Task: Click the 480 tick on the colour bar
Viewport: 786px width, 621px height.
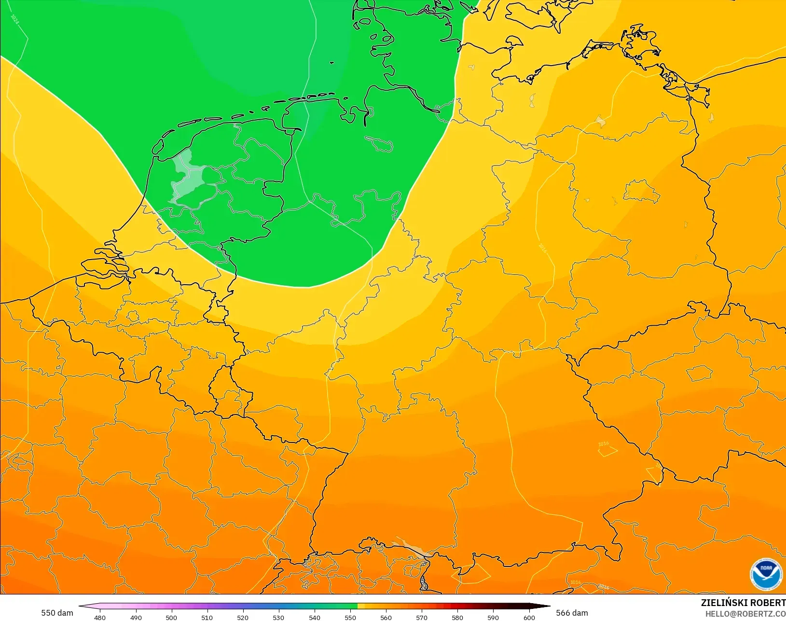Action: (100, 617)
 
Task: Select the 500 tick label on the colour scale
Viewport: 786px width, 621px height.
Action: (171, 617)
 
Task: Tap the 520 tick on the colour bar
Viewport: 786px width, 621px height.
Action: (243, 617)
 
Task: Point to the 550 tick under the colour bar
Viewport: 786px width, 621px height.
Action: (350, 617)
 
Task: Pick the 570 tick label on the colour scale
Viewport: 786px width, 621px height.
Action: (422, 617)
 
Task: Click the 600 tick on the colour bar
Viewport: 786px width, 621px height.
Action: (529, 617)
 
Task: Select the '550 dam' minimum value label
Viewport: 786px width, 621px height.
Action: (57, 613)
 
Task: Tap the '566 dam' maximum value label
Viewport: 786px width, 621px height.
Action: (572, 613)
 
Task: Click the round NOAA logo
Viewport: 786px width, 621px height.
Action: (766, 574)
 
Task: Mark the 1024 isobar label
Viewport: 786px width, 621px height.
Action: (15, 20)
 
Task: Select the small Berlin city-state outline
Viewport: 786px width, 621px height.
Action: (641, 191)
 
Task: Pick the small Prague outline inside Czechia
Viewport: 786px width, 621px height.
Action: (700, 373)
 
